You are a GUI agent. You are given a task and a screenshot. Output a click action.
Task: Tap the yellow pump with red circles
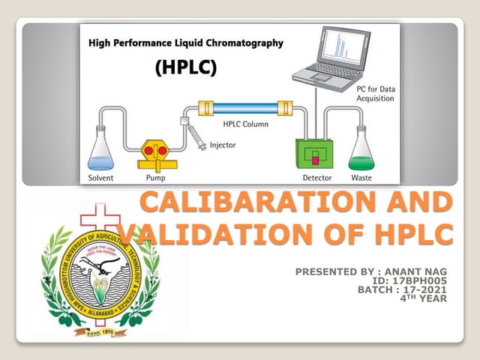[x=156, y=154]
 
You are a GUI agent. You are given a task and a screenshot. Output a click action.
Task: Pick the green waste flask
[x=361, y=152]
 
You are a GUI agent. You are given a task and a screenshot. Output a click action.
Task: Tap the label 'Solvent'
[x=100, y=178]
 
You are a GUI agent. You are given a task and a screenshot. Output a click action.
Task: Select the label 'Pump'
[x=154, y=178]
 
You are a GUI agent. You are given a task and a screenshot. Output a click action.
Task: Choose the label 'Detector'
[x=316, y=178]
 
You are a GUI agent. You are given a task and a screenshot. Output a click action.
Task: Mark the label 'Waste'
[x=361, y=178]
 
